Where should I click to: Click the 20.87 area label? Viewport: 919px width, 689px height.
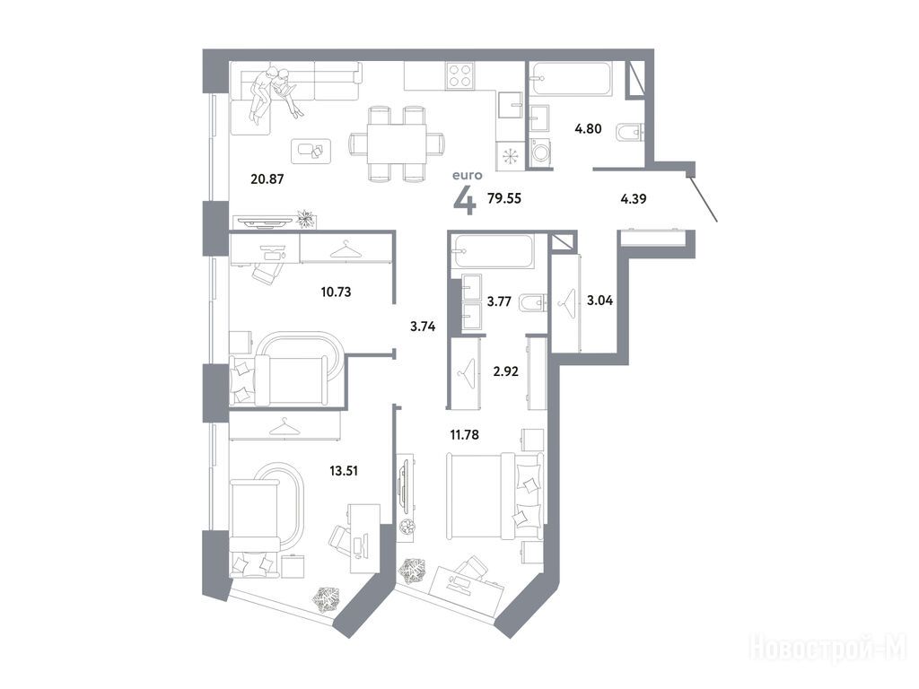coord(267,179)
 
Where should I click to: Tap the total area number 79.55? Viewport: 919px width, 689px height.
coord(504,198)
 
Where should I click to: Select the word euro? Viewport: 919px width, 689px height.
coord(467,175)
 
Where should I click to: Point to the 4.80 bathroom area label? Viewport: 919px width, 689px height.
coord(588,129)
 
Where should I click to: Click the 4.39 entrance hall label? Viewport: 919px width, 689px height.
coord(634,199)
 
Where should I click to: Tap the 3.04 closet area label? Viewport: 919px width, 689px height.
coord(600,301)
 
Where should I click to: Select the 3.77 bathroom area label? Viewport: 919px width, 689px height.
coord(499,301)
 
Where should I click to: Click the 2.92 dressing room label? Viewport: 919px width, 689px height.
coord(505,371)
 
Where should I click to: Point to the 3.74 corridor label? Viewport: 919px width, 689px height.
coord(423,327)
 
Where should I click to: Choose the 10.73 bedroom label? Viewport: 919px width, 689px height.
coord(336,292)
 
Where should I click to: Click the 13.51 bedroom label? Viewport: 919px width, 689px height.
coord(344,471)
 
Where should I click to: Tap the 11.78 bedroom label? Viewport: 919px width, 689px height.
coord(464,435)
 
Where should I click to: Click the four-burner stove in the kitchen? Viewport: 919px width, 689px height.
coord(460,75)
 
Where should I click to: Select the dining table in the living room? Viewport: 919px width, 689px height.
coord(397,144)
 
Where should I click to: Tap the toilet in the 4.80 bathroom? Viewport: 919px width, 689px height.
coord(630,133)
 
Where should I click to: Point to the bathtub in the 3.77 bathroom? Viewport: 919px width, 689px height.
coord(493,251)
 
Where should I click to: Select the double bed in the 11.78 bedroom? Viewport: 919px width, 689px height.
coord(496,495)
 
